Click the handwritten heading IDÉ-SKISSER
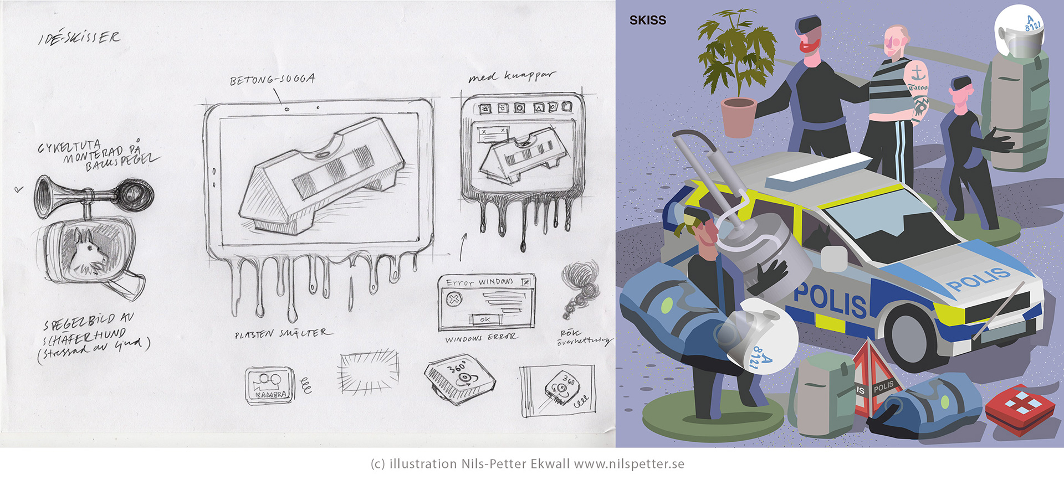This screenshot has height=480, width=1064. coord(79,38)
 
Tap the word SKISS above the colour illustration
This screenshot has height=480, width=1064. coord(647,20)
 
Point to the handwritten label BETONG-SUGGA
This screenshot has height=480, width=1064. coord(273,80)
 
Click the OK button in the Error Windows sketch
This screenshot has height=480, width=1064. coord(485,319)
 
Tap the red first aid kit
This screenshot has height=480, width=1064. coord(1020,409)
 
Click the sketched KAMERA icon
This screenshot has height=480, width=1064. coord(269,385)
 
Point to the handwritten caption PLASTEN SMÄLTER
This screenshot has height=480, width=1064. coord(283,334)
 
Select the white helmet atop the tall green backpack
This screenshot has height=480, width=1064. coord(1019,34)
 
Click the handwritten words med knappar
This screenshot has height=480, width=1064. coord(510,76)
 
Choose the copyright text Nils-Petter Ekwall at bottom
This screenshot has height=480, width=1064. coord(515,464)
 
